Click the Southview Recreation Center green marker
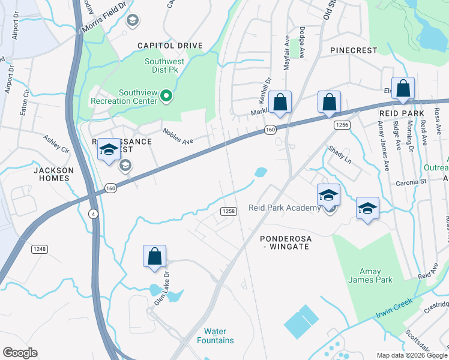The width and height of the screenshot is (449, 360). point(169,96)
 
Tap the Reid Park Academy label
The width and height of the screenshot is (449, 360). point(285,208)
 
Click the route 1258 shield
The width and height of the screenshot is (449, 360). point(228,211)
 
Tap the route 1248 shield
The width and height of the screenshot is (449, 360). point(40,249)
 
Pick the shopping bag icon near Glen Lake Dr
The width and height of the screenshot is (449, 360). point(154,256)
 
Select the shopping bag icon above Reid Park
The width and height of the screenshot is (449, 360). point(403,88)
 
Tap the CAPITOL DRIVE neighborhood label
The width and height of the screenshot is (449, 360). point(170,46)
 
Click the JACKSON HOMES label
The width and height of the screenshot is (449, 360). point(53,175)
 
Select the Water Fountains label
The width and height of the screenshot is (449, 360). point(215,336)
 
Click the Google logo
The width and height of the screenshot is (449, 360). point(20,353)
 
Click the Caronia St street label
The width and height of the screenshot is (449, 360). point(410,181)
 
